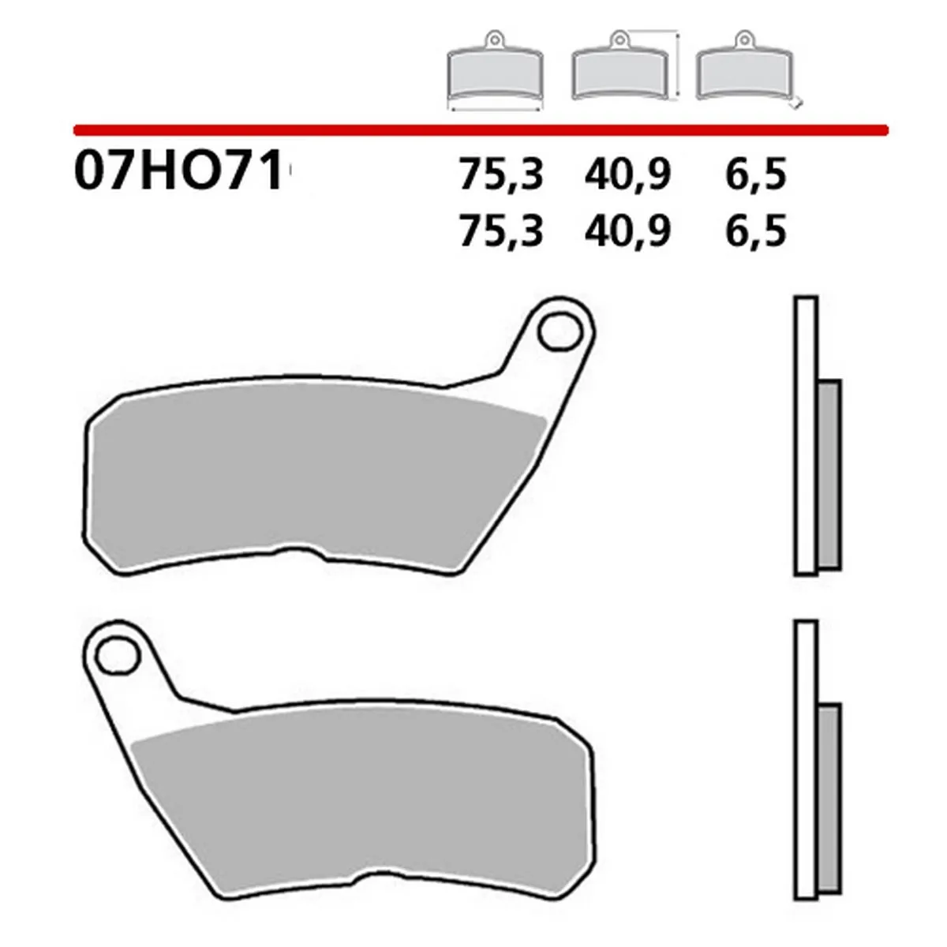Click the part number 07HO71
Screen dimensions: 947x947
coord(178,172)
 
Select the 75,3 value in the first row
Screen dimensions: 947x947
coord(501,174)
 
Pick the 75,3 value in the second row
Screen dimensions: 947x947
coord(501,231)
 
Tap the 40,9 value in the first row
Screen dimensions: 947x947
coord(627,174)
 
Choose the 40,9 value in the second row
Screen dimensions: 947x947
coord(627,231)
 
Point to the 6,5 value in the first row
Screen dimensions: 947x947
coord(756,174)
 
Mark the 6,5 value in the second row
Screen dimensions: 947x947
coord(756,231)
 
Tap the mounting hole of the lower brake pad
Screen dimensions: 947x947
coord(118,652)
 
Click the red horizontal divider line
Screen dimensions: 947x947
coord(481,128)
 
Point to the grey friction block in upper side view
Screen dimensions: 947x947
coord(829,473)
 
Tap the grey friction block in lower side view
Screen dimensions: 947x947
coord(829,797)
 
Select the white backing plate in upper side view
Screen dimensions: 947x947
coord(806,434)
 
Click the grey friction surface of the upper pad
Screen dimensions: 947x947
coord(316,481)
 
